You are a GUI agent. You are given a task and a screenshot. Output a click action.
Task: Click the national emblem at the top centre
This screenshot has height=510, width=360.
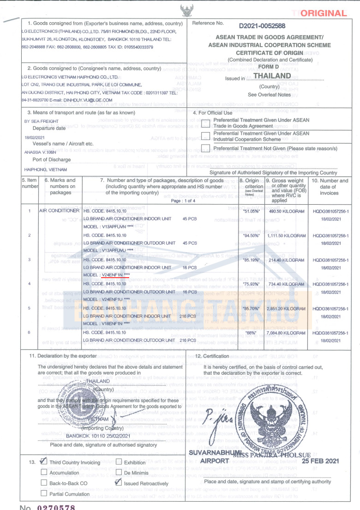click(x=187, y=9)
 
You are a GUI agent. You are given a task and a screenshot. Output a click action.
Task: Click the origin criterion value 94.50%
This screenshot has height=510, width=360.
click(x=250, y=235)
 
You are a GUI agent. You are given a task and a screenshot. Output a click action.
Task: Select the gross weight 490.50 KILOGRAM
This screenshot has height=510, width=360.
click(x=283, y=211)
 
